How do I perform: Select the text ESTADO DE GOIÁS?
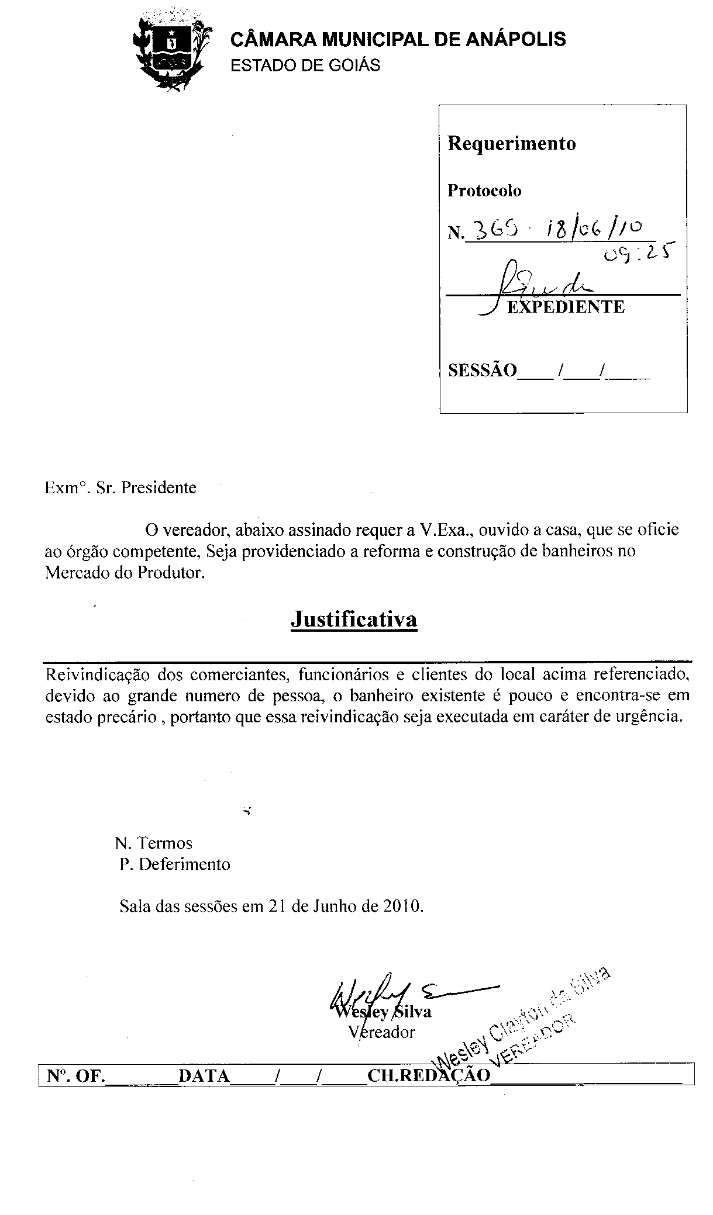[x=305, y=65]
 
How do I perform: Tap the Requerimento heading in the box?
[x=511, y=144]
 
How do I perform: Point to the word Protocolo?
[x=484, y=191]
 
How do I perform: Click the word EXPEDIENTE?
[x=565, y=307]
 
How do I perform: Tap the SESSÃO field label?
[x=483, y=371]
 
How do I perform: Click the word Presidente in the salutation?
[x=159, y=487]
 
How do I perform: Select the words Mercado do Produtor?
[x=125, y=573]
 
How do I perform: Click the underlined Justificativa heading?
[x=354, y=619]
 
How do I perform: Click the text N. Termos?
[x=154, y=843]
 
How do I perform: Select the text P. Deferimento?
[x=175, y=864]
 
